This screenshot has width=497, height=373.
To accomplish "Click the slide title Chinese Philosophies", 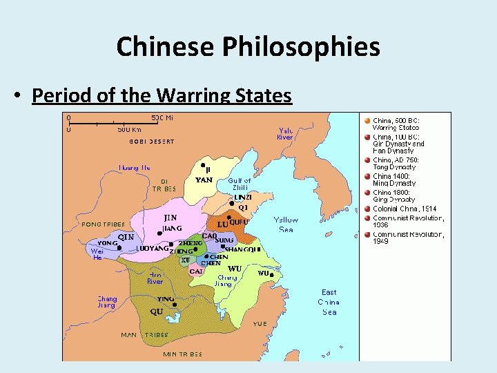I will pos(248,47).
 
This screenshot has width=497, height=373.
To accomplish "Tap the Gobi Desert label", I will pos(152,142).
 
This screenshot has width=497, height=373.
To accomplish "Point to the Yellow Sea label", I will pos(286,224).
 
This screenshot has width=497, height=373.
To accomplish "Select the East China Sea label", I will pos(329,302).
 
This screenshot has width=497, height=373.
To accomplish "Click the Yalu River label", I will pos(285,133).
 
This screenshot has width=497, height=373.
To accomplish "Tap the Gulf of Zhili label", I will pos(240,185).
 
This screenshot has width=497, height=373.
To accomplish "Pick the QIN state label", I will pos(126,237).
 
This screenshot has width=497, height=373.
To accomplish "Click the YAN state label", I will pos(204,180).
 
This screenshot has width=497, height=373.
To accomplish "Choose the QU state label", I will pos(157,312).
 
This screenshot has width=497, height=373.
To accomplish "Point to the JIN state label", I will pos(170,218).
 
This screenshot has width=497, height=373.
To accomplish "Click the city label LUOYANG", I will pos(152,248).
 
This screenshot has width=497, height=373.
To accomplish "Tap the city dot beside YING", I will pos(175,304).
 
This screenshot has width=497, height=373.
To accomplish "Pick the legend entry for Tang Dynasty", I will pos(396,163).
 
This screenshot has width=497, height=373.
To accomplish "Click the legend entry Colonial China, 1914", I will pos(405,209).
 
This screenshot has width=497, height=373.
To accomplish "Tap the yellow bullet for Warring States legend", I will pos(367,120).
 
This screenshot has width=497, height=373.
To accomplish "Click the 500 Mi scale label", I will pos(162,117).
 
